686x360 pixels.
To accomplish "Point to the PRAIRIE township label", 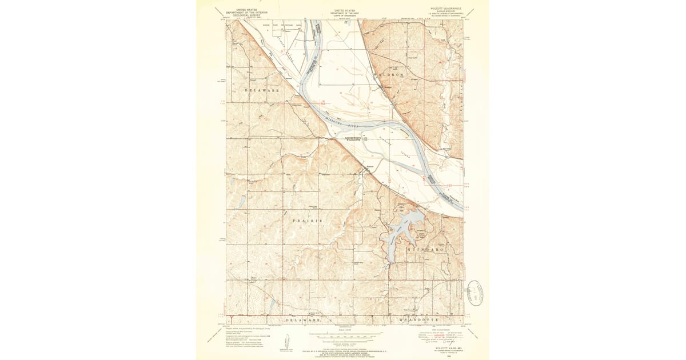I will click(x=308, y=221).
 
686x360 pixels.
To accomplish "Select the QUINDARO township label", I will click(x=424, y=250).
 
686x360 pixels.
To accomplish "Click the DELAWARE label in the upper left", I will click(x=262, y=90).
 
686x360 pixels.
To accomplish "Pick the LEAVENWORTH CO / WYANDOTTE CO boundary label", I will click(x=356, y=138).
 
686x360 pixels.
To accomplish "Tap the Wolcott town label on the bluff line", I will click(x=369, y=167).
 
